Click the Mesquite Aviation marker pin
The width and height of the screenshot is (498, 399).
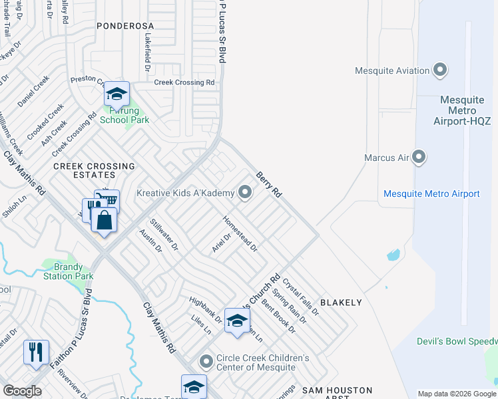pos(439,70)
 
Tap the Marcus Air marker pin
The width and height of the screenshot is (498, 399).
pos(419,158)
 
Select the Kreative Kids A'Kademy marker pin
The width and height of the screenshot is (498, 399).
pos(245,193)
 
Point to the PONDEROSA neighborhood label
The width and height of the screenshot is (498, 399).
pos(125,26)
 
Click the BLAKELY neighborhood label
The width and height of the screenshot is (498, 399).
pos(341,303)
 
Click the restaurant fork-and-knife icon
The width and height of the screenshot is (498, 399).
pos(36,350)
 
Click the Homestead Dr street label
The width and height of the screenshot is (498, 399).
pos(240,233)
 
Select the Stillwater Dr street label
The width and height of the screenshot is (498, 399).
pos(165,235)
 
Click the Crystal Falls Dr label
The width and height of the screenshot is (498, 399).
pos(300,296)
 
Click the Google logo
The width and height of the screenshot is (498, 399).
pos(22,391)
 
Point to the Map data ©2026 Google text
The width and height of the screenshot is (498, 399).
pos(457,394)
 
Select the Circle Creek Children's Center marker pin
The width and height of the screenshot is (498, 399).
pos(206,362)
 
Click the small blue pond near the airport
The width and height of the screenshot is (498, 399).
pos(393,255)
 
